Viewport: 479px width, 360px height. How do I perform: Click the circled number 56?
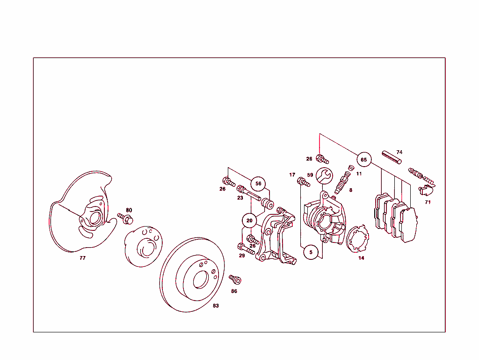(258, 184)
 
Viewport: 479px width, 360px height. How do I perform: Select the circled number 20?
(249, 220)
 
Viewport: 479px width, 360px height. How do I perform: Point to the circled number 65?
(364, 160)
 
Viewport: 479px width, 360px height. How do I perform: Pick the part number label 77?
(82, 258)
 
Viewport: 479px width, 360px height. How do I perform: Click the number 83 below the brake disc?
(216, 306)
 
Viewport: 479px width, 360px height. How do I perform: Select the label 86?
(234, 291)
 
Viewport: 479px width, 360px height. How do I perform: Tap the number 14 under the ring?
(361, 258)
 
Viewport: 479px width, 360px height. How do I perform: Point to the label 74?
(399, 152)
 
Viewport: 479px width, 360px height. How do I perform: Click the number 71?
(428, 202)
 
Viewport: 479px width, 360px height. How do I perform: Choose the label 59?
(310, 175)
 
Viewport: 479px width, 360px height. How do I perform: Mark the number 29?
(242, 256)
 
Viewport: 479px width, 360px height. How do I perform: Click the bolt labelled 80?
(125, 218)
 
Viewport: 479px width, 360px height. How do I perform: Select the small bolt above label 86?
(235, 279)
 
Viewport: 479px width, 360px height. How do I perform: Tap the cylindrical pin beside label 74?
(391, 158)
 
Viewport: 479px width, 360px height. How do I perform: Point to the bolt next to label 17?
(304, 183)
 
